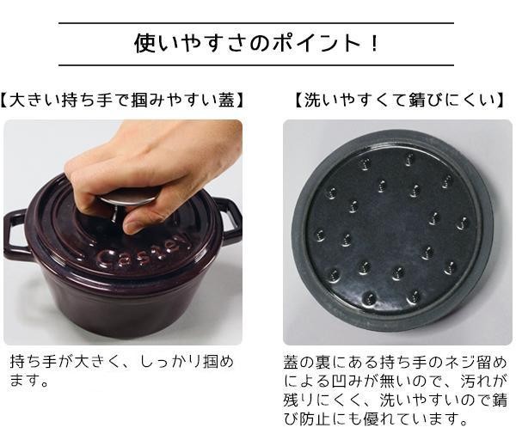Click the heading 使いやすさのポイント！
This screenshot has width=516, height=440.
click(x=256, y=43)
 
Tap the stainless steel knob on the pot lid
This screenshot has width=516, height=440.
click(x=129, y=198)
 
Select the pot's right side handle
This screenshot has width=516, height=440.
click(x=230, y=220)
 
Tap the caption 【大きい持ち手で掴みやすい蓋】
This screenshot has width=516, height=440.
click(x=122, y=100)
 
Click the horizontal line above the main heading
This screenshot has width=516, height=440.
click(x=256, y=23)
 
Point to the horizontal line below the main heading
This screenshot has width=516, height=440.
click(x=256, y=65)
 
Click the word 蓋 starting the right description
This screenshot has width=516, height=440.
click(x=292, y=362)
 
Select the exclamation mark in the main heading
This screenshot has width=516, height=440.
click(x=374, y=43)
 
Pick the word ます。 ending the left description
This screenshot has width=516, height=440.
click(x=29, y=380)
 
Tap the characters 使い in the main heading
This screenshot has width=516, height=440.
click(x=157, y=43)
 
